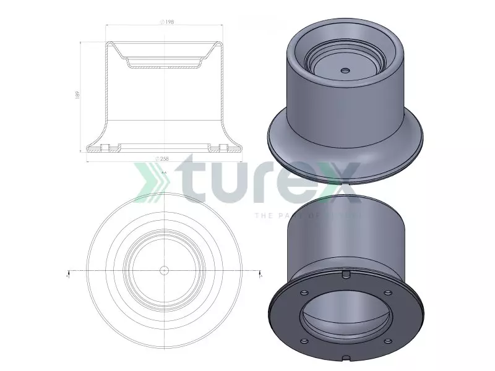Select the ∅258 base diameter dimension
tap(163, 159)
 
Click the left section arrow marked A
tap(67, 273)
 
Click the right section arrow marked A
tap(260, 273)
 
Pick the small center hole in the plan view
tap(164, 270)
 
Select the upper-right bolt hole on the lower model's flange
tap(388, 293)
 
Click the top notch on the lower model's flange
tap(346, 273)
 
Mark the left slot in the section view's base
tap(105, 147)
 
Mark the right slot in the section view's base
tap(222, 147)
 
